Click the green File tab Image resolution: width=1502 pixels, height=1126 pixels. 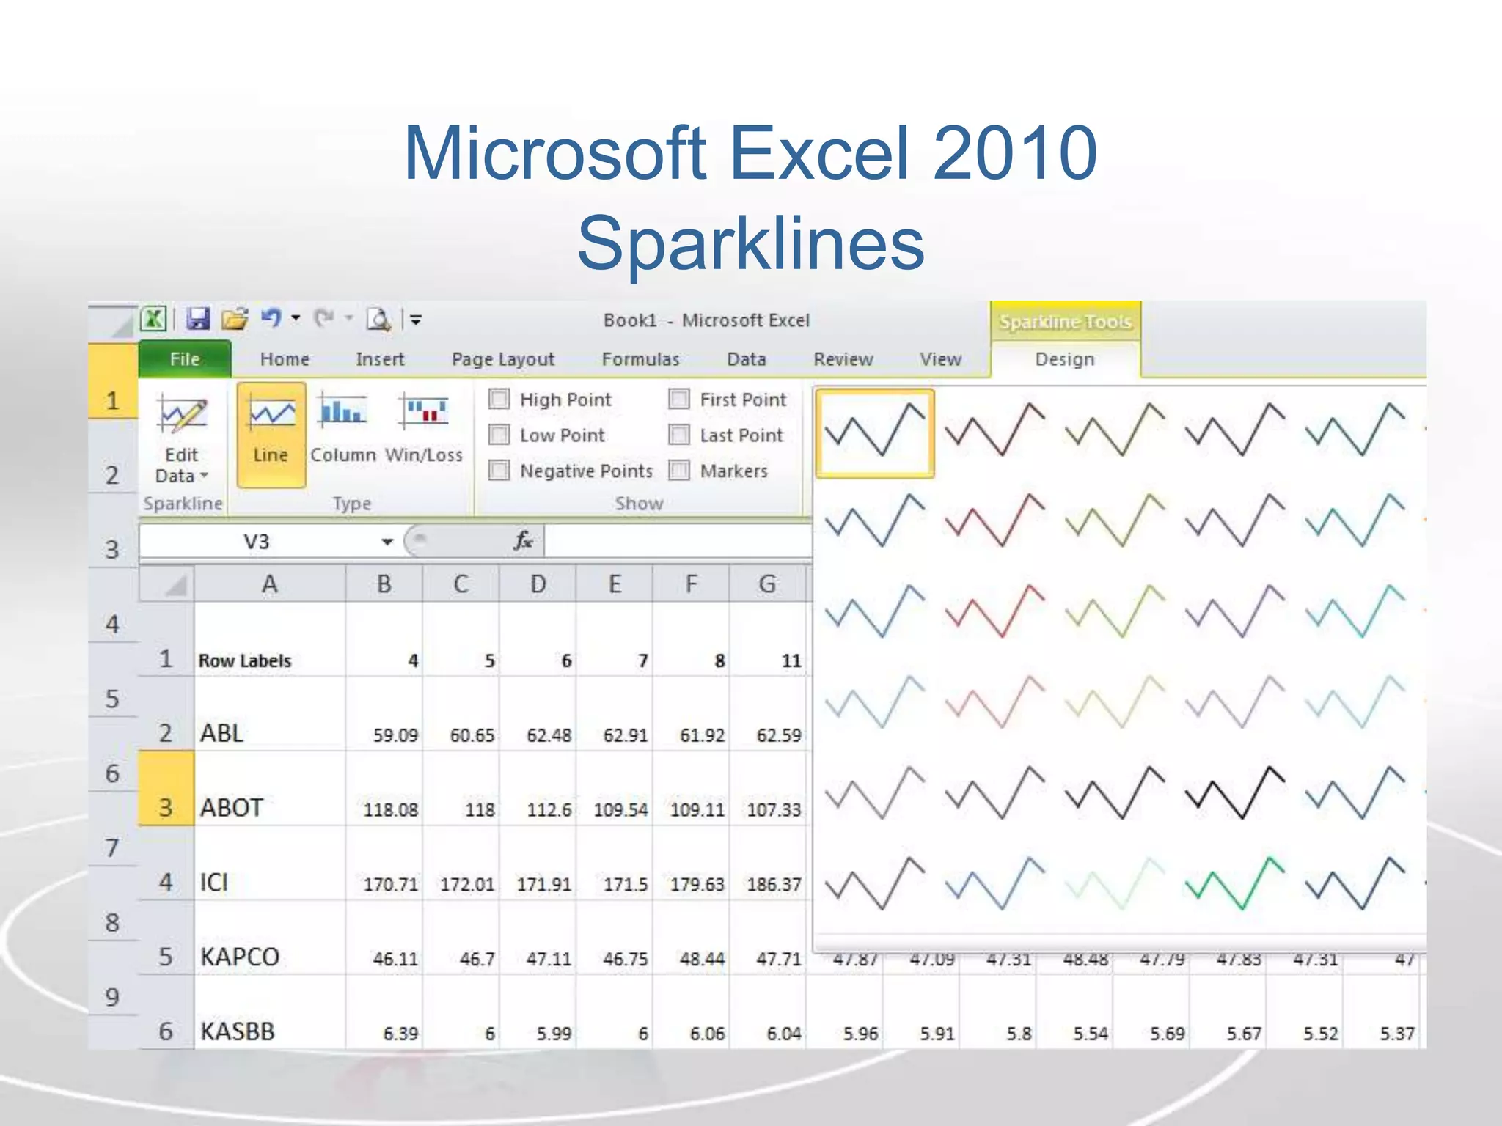[x=185, y=359]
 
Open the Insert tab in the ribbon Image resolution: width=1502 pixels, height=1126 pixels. [x=380, y=359]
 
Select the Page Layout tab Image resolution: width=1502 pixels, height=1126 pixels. [x=503, y=359]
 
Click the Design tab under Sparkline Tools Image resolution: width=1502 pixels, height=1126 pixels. [x=1065, y=359]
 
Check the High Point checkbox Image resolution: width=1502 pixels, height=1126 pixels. [x=499, y=400]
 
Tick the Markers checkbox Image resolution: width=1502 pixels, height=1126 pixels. [x=680, y=471]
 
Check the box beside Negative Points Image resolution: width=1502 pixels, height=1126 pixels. [x=499, y=471]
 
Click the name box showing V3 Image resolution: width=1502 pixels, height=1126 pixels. [x=257, y=542]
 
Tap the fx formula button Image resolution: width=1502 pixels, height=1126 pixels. [x=522, y=542]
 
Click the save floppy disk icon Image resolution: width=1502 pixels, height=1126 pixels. [x=198, y=320]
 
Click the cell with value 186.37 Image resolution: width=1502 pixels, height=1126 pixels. [x=773, y=885]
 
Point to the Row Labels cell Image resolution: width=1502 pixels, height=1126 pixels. [x=245, y=660]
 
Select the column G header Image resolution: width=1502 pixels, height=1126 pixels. [x=767, y=584]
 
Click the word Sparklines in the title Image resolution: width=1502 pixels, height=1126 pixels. [x=750, y=243]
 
